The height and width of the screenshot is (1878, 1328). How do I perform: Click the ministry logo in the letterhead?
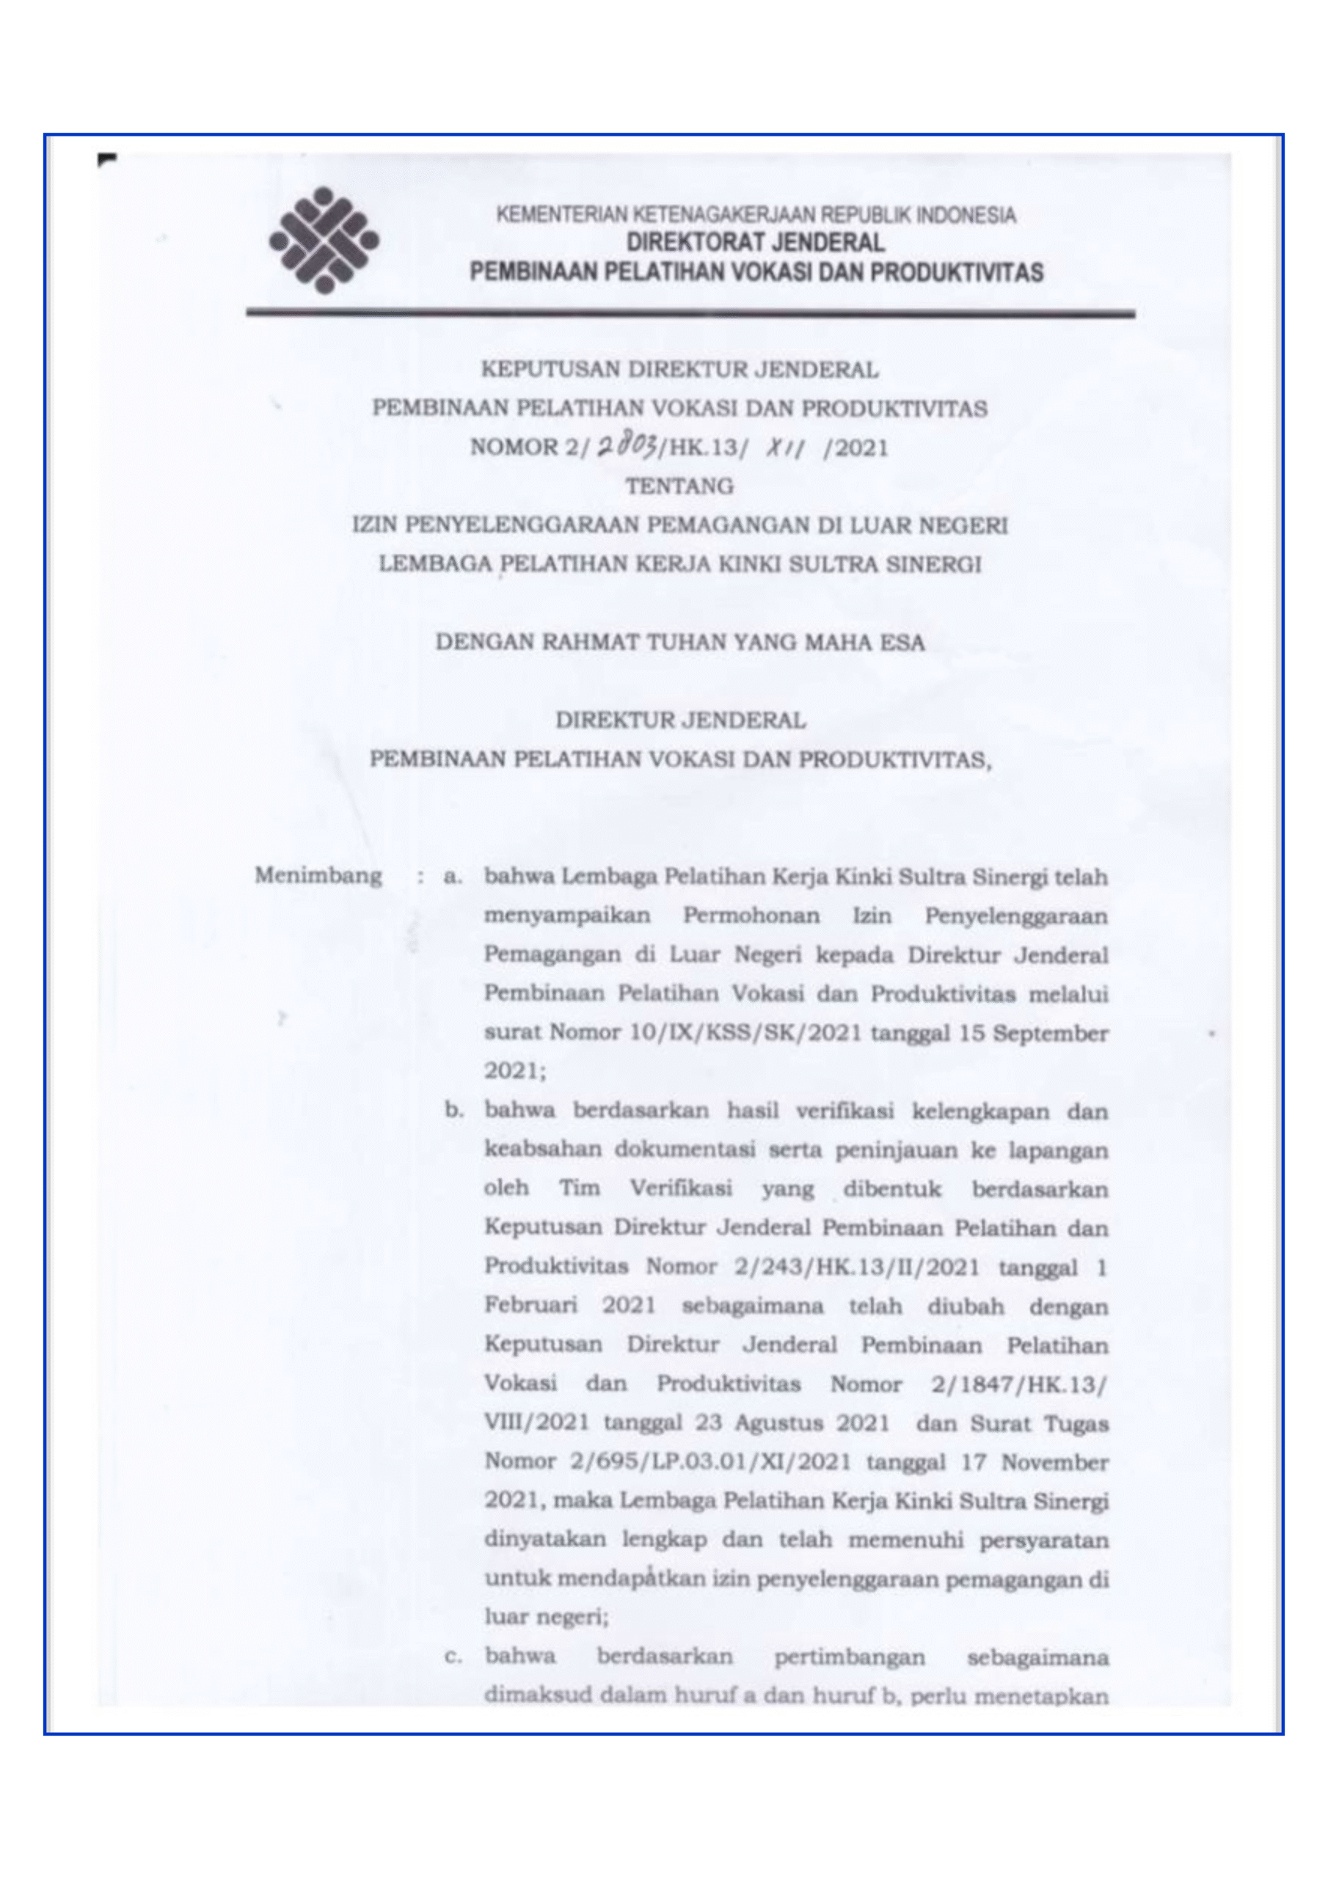[x=324, y=241]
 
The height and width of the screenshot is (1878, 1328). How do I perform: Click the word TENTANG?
[x=679, y=486]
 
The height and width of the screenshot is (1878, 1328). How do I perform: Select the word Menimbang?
[x=318, y=876]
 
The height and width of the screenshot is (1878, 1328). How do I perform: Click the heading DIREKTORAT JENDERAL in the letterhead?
[x=755, y=243]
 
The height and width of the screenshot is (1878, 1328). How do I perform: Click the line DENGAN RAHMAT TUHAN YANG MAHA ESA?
[x=680, y=642]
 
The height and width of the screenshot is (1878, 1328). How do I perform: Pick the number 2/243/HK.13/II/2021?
[x=856, y=1267]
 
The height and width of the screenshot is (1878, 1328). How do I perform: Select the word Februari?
[x=530, y=1306]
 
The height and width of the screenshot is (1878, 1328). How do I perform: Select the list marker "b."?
[x=454, y=1111]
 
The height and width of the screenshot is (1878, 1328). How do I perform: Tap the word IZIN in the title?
[x=373, y=525]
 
